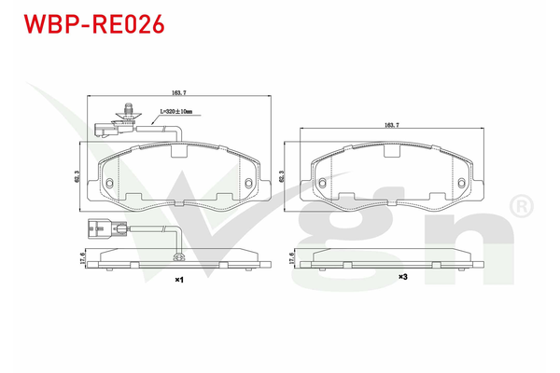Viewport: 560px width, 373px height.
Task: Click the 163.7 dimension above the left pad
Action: [x=179, y=93]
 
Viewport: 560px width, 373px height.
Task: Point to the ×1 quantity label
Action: [x=178, y=278]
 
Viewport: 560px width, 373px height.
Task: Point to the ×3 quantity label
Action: [x=402, y=277]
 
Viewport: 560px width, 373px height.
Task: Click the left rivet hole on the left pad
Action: [x=109, y=181]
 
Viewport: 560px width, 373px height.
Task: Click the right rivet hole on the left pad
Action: [x=249, y=181]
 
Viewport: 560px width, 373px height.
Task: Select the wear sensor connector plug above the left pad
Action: [x=105, y=128]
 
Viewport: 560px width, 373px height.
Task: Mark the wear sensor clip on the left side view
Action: [x=180, y=258]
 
